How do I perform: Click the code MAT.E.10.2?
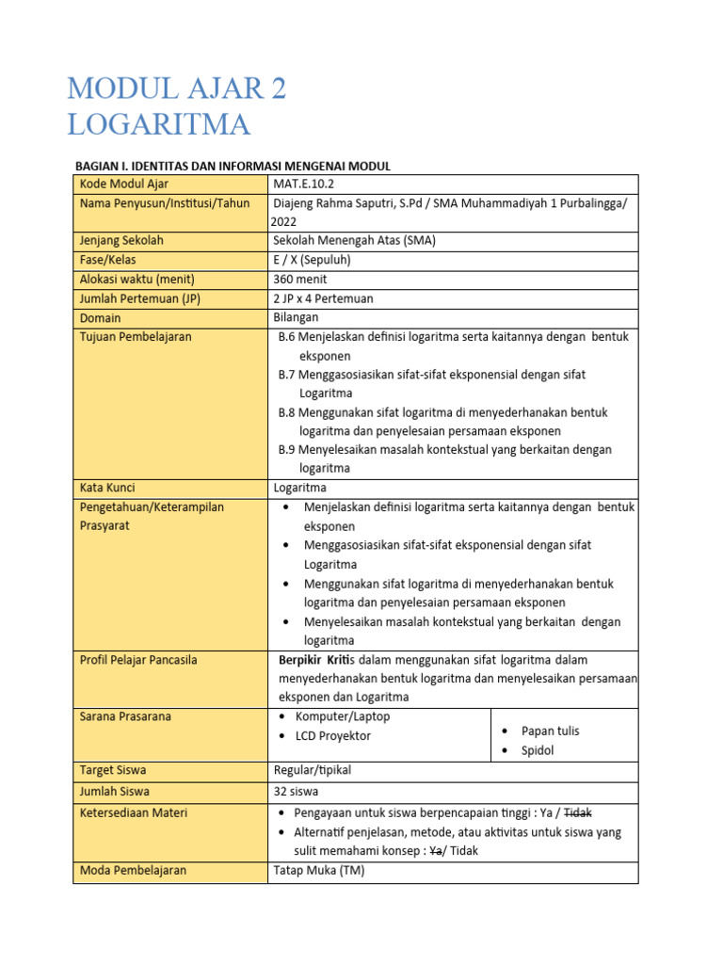(303, 184)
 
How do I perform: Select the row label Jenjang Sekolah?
(121, 240)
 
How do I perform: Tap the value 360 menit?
(300, 279)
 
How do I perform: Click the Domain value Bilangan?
(296, 317)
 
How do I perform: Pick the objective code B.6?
(287, 336)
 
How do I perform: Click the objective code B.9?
(287, 449)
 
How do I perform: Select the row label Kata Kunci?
(107, 488)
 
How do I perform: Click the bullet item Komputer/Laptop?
(342, 716)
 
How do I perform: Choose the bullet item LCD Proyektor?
(332, 735)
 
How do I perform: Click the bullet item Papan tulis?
(550, 731)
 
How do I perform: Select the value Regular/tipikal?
(312, 770)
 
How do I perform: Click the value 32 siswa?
(298, 791)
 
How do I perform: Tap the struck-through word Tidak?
(577, 812)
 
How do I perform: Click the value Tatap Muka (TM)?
(318, 870)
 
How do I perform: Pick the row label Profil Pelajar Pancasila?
(138, 660)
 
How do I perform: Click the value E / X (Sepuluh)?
(314, 260)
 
